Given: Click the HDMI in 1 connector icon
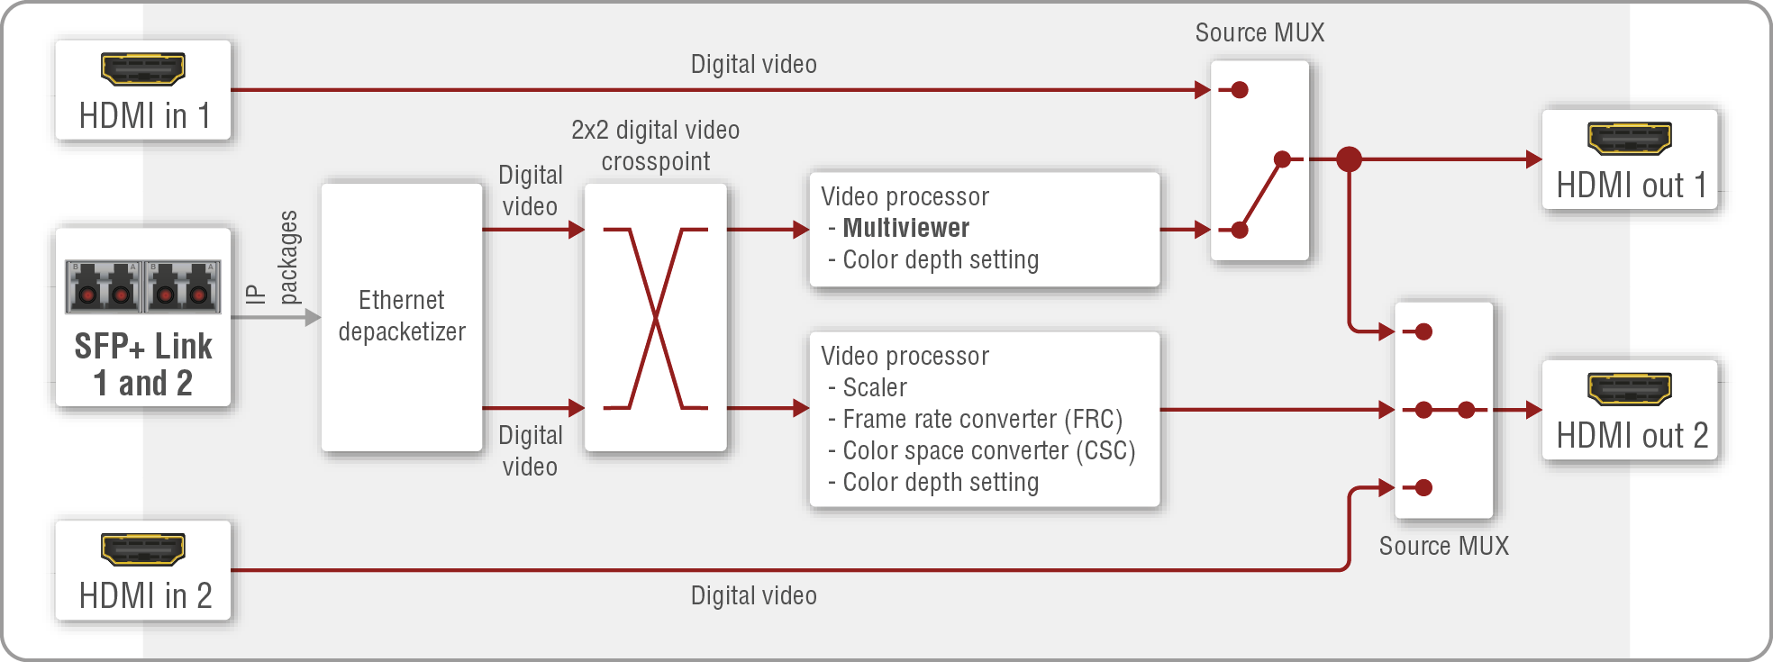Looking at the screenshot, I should (142, 68).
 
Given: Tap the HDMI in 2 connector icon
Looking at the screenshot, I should (142, 549).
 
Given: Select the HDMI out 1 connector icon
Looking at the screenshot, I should (1629, 138).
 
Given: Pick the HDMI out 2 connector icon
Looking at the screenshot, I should (1629, 388).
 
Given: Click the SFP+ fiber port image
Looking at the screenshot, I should (143, 286).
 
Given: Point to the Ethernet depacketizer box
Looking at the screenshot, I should (402, 317).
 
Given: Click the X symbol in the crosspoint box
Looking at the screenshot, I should (655, 318).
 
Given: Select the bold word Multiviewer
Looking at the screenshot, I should (905, 228).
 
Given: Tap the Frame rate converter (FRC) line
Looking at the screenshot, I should (982, 420).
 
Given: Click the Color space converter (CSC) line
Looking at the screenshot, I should (988, 451).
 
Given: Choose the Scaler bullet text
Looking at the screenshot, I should (874, 388).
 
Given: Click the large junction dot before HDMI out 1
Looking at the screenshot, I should (1349, 159).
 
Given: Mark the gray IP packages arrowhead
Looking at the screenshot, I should (313, 317).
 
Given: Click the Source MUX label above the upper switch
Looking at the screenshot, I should (1259, 33).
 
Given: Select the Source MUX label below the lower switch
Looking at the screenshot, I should (1443, 546).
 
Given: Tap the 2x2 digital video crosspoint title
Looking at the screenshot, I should (655, 146).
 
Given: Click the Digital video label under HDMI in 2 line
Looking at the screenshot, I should (753, 596).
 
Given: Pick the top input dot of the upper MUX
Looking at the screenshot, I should (1240, 90).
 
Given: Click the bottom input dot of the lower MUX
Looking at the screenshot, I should (1423, 488).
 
